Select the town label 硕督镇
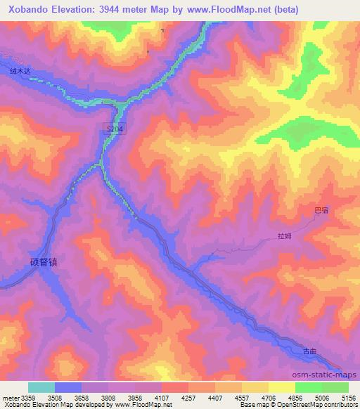[43, 261]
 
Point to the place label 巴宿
[321, 209]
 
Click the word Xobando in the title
[25, 9]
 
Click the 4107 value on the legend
[163, 397]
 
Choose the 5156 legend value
[349, 397]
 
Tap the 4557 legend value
[243, 397]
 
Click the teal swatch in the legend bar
[41, 387]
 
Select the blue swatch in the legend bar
[68, 387]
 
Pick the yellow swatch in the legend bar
[281, 387]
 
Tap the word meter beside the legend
[11, 397]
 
